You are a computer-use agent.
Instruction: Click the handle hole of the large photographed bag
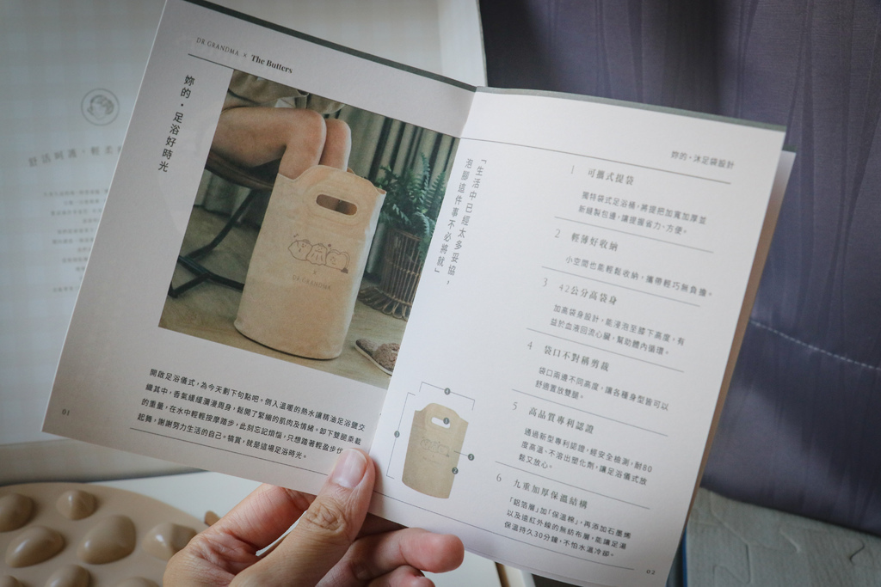coord(336,204)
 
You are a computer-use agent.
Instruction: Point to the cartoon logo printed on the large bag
coord(317,254)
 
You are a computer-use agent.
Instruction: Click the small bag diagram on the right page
coord(435,448)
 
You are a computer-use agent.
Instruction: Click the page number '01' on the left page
coord(66,411)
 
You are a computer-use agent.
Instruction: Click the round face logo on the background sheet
coord(100,107)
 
